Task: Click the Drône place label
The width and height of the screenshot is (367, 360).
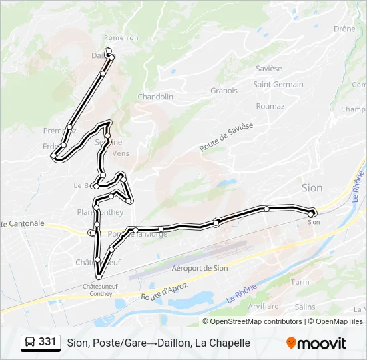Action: (x=344, y=29)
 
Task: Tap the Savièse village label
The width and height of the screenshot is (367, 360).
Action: (x=269, y=69)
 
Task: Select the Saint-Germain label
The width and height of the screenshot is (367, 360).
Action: (x=278, y=85)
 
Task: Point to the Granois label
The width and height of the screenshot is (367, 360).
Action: (x=224, y=91)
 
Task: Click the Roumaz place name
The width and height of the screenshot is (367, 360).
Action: (x=270, y=106)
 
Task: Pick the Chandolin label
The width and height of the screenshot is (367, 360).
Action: (x=155, y=97)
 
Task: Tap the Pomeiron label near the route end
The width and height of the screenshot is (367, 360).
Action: (x=121, y=38)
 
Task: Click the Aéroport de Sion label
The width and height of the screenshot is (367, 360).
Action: (x=200, y=268)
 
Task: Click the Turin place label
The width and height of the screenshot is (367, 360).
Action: (x=300, y=282)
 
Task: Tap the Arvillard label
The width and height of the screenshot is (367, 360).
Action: (x=263, y=306)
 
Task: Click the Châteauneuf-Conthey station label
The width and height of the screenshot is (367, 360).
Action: (x=101, y=289)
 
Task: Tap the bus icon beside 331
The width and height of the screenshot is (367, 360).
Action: (x=30, y=343)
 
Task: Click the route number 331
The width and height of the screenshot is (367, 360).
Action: (x=47, y=342)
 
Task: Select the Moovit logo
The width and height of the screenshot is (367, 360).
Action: (x=316, y=343)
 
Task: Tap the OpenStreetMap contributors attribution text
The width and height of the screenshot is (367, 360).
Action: (x=256, y=321)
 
